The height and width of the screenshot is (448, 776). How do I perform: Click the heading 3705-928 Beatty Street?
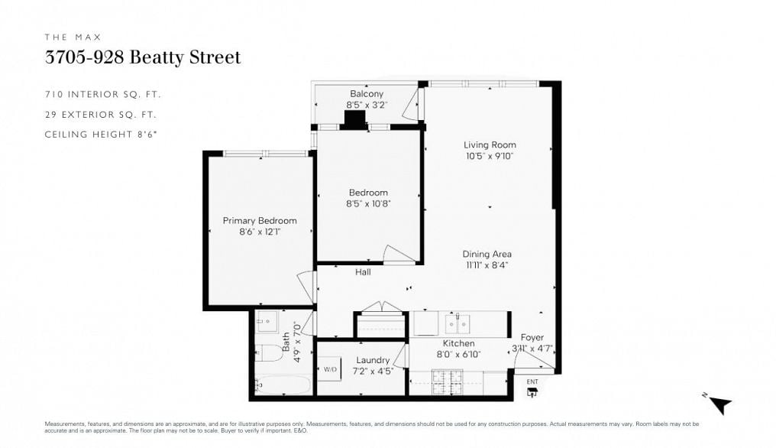coord(143,57)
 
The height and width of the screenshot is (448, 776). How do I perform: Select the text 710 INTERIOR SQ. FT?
coord(103,95)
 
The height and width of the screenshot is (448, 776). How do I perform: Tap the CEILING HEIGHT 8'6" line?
coord(105,135)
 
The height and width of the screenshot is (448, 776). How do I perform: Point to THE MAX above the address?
coord(73,37)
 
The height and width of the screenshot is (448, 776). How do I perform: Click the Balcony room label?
coord(367,94)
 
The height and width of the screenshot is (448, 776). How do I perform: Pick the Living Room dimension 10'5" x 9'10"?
coord(490,156)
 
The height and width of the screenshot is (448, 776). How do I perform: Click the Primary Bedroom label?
coord(260,221)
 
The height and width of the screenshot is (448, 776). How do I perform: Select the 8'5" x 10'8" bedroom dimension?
coord(368,204)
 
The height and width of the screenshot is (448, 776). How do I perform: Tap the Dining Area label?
coord(487,255)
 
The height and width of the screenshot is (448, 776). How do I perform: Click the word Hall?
coord(363,272)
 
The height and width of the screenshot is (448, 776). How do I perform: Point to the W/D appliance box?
coord(330,369)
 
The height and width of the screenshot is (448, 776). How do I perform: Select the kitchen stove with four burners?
coord(447,380)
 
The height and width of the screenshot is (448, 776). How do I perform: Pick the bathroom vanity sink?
coord(267,322)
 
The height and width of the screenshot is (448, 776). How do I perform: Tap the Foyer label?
coord(532,337)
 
